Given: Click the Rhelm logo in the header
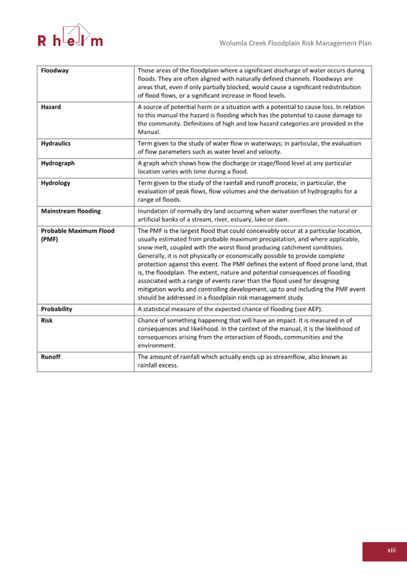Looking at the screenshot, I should click(71, 36).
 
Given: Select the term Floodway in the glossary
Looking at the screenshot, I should click(55, 71).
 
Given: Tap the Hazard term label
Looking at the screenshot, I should click(51, 107).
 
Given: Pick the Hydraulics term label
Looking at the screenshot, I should click(56, 144).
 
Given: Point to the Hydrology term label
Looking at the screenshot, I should click(55, 183).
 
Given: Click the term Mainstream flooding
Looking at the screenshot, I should click(71, 211).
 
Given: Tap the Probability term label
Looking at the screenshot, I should click(57, 309).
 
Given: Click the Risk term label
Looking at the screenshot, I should click(46, 320).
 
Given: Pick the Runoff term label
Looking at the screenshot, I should click(51, 357).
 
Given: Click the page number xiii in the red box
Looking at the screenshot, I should click(391, 550).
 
